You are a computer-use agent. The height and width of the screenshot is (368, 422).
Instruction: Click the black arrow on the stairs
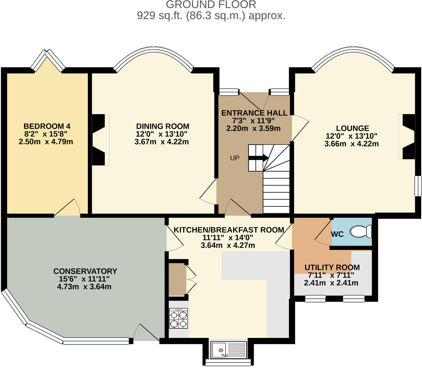tap(258, 158)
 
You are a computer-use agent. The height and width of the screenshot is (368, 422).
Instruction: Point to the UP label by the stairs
tap(235, 158)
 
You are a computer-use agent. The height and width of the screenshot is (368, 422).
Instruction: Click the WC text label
tap(337, 234)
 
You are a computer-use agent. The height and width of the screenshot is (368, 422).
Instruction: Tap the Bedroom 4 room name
tap(47, 126)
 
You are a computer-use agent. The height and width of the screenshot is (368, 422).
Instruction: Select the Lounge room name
tap(352, 128)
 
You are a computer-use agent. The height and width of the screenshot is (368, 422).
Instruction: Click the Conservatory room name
tap(85, 271)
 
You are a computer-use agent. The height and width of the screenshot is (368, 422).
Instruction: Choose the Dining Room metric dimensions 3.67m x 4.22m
tap(161, 142)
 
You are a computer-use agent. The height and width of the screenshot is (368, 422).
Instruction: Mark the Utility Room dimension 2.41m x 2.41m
tap(331, 283)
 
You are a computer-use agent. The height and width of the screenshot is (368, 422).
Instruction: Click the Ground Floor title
tap(211, 5)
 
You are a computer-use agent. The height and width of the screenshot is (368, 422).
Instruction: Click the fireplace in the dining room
tap(99, 140)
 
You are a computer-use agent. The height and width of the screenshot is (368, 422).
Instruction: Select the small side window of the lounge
tap(418, 186)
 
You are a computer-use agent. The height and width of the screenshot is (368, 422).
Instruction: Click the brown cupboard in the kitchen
tap(177, 279)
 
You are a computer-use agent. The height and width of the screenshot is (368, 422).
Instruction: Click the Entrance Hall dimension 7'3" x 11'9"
tap(253, 121)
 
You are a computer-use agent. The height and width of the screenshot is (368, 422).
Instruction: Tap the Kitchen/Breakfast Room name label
tap(229, 230)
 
